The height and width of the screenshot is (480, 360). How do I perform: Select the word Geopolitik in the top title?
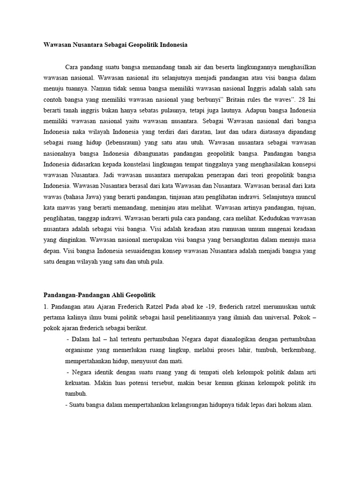click(x=145, y=45)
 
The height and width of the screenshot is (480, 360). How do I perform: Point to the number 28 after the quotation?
click(x=296, y=100)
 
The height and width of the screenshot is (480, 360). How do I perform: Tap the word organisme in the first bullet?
click(x=82, y=350)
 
